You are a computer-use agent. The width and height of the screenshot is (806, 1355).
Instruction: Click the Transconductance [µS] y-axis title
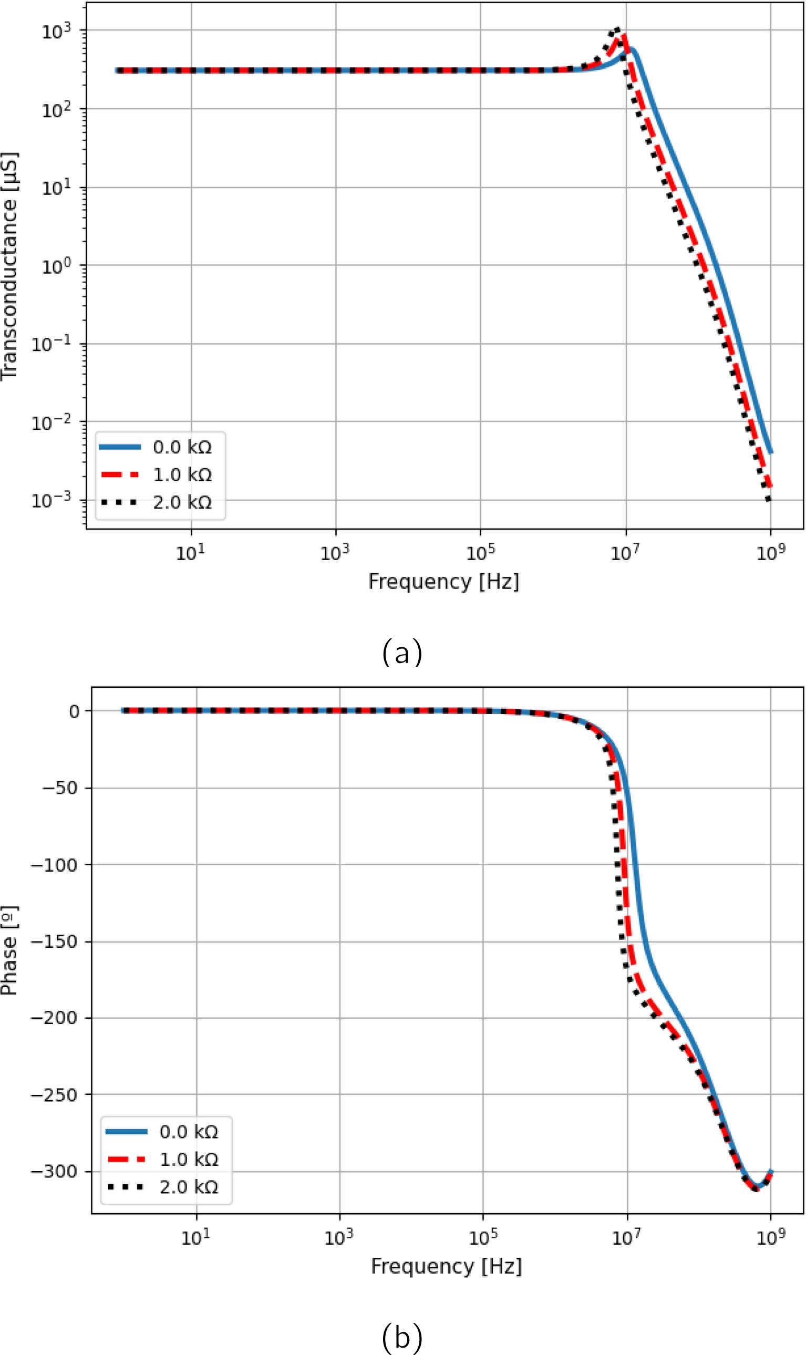pyautogui.click(x=10, y=266)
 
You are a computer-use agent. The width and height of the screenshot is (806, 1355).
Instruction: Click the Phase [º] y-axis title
pyautogui.click(x=10, y=950)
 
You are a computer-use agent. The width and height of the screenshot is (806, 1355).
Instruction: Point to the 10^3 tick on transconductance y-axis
pyautogui.click(x=57, y=32)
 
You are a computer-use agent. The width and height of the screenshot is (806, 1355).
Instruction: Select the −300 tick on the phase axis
pyautogui.click(x=54, y=1172)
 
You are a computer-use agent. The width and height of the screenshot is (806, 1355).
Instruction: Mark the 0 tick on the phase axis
pyautogui.click(x=75, y=711)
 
